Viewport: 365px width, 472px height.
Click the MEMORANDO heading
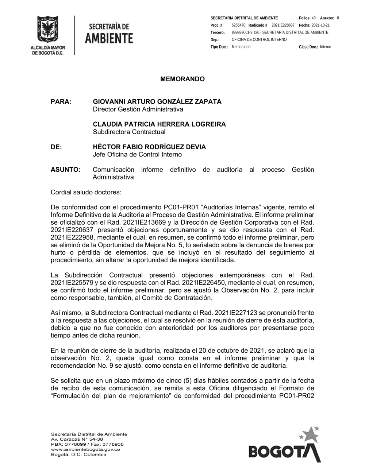coord(182,79)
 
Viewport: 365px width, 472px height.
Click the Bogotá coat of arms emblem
coord(47,30)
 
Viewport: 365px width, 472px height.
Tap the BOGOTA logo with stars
coord(285,445)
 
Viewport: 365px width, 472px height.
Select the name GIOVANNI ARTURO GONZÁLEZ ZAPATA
coord(157,101)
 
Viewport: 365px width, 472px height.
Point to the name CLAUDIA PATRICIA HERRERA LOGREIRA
coord(159,124)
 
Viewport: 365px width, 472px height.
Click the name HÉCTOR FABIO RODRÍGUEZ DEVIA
coord(149,147)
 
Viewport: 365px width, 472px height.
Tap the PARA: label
coord(61,101)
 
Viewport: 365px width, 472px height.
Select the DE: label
coord(56,147)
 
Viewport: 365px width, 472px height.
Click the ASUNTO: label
coord(65,170)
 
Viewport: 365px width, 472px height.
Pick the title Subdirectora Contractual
coord(129,132)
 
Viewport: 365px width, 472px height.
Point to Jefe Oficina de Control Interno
coord(137,155)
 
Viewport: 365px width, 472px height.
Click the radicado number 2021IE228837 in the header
coord(283,25)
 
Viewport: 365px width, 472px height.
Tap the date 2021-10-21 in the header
coord(320,25)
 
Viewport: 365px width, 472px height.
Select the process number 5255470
coord(238,25)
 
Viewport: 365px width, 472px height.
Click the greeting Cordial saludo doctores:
coord(86,192)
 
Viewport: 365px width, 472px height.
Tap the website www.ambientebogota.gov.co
coord(85,449)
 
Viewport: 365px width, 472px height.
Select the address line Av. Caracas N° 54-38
coord(77,439)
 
